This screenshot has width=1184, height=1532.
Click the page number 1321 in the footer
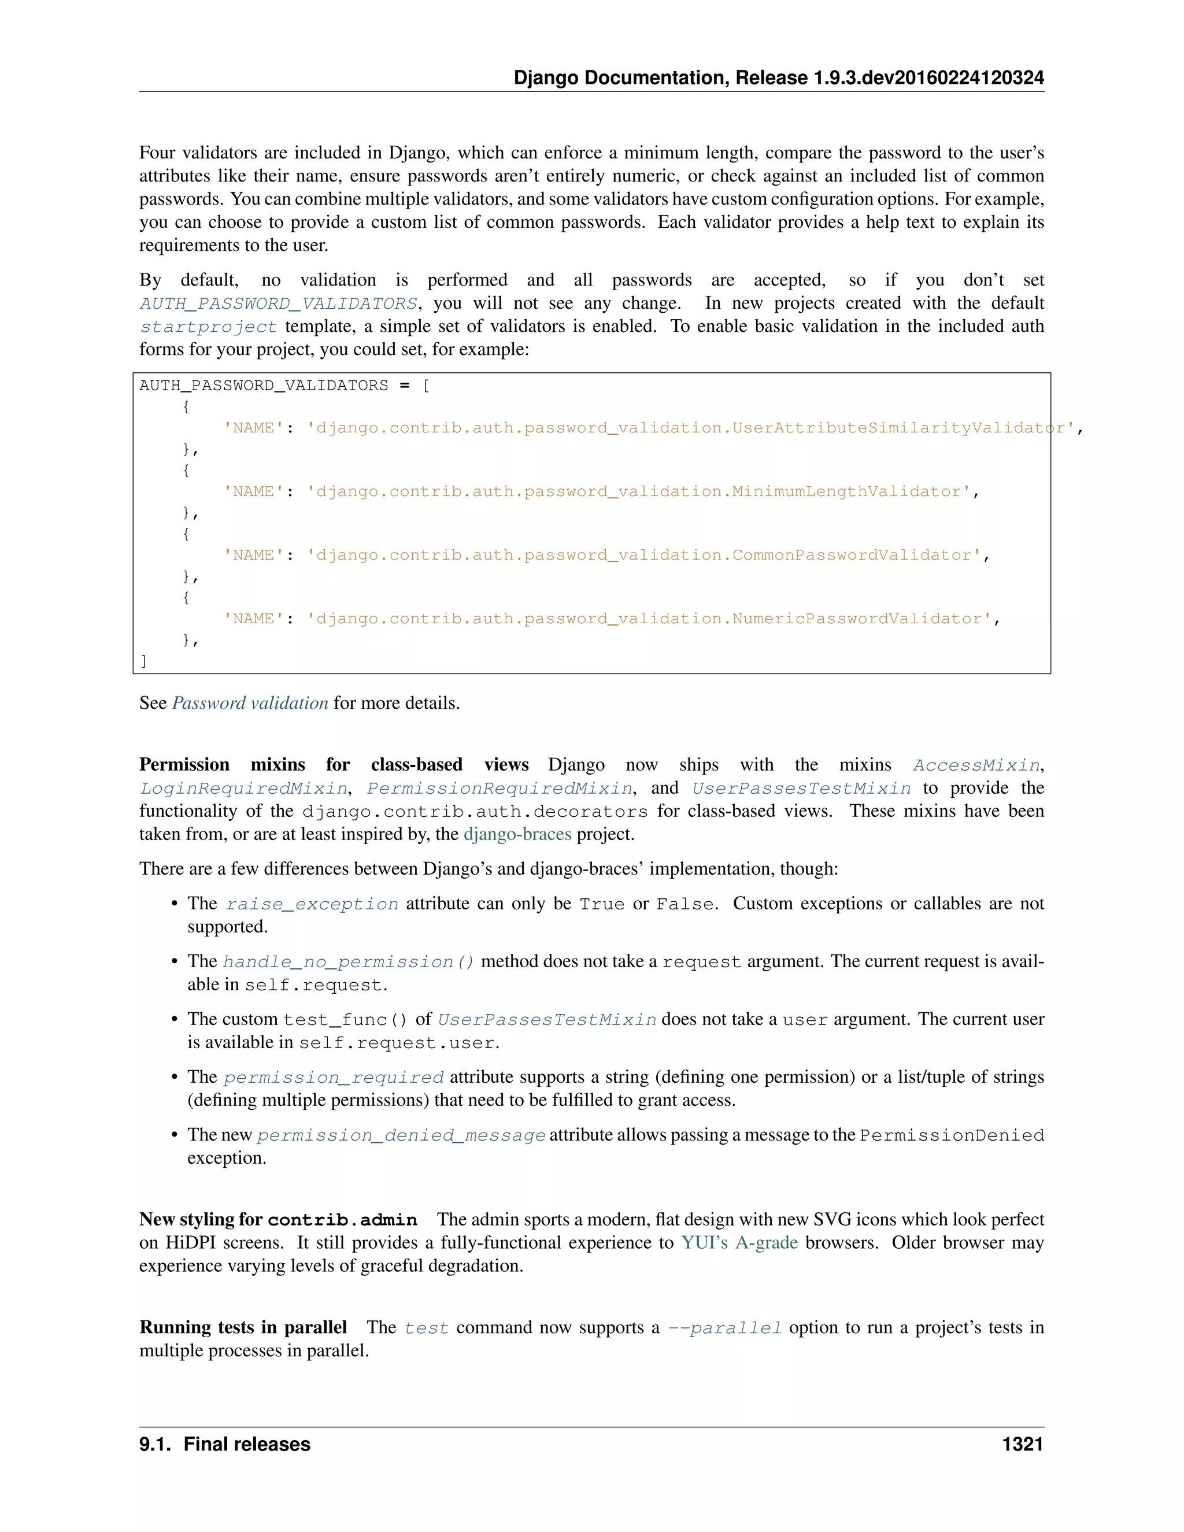click(1022, 1444)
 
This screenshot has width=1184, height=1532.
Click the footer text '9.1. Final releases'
click(224, 1444)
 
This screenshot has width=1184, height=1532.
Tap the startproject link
click(208, 327)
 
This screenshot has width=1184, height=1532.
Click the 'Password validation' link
click(250, 703)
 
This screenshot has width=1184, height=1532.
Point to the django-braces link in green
click(517, 834)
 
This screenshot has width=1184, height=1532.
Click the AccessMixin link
click(976, 765)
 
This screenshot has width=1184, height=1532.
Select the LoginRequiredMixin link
click(243, 789)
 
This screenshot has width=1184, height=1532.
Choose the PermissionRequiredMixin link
click(499, 789)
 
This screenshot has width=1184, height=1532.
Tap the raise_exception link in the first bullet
click(312, 904)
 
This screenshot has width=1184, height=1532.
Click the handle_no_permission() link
click(349, 962)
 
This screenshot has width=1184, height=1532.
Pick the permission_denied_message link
click(401, 1135)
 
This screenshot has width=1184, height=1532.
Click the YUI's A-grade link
click(739, 1242)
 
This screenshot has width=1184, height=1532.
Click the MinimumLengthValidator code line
click(601, 492)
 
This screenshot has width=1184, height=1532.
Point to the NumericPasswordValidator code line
click(610, 619)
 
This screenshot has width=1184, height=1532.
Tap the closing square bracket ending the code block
click(144, 661)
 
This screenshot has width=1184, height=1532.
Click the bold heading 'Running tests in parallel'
click(243, 1327)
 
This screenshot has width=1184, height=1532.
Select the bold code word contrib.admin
click(342, 1220)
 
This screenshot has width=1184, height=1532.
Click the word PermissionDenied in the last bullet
click(951, 1135)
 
